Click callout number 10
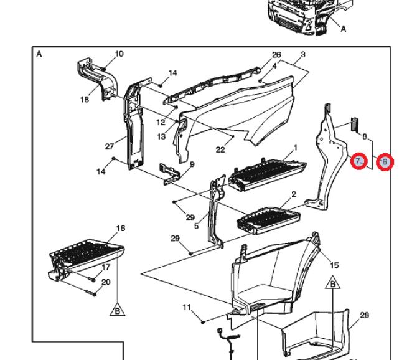pos(119,54)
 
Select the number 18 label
pos(85,100)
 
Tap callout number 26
pos(276,55)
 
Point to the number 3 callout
pos(303,55)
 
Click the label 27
pos(110,146)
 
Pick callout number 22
pos(220,150)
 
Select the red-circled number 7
pos(358,161)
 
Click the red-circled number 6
pos(385,162)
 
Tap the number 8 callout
pos(364,137)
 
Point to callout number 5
pos(197,227)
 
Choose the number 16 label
pos(121,229)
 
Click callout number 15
pos(334,265)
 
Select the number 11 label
pos(187,307)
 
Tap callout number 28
pos(364,315)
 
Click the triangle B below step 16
pos(118,310)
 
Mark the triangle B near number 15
pos(333,283)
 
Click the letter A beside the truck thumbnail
pos(344,29)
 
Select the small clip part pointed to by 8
pos(354,124)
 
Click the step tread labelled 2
pos(269,220)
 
